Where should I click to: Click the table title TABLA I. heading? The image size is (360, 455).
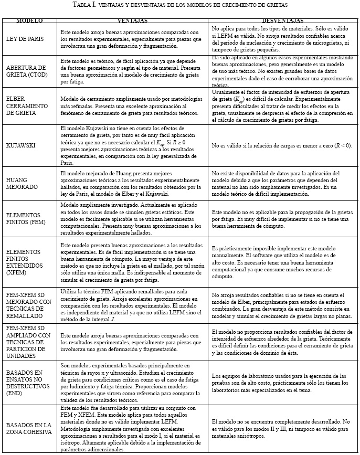pyautogui.click(x=180, y=5)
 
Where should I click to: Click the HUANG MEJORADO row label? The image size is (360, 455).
pyautogui.click(x=19, y=182)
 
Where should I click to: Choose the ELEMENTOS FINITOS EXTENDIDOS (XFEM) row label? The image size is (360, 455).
pyautogui.click(x=24, y=257)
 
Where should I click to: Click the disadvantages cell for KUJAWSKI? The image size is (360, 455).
pyautogui.click(x=281, y=145)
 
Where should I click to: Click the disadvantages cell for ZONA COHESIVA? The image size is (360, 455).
pyautogui.click(x=281, y=425)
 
